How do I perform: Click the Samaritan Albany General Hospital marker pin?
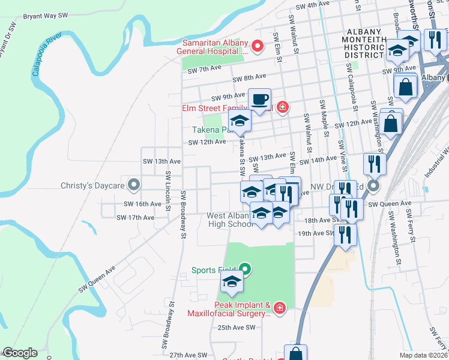point(258,46)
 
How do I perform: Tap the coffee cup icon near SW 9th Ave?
point(259,100)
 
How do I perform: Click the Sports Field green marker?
point(245,269)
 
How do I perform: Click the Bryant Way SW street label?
point(46,17)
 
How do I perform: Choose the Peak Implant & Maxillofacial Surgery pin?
point(279,308)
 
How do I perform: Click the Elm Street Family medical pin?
point(282,108)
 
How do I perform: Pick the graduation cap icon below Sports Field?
point(232,281)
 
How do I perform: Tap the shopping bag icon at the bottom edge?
point(295,355)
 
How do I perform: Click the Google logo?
point(20,353)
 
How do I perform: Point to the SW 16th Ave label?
point(143,204)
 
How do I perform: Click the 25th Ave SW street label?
point(237,328)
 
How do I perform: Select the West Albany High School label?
point(231,220)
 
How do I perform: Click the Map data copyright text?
point(423,355)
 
